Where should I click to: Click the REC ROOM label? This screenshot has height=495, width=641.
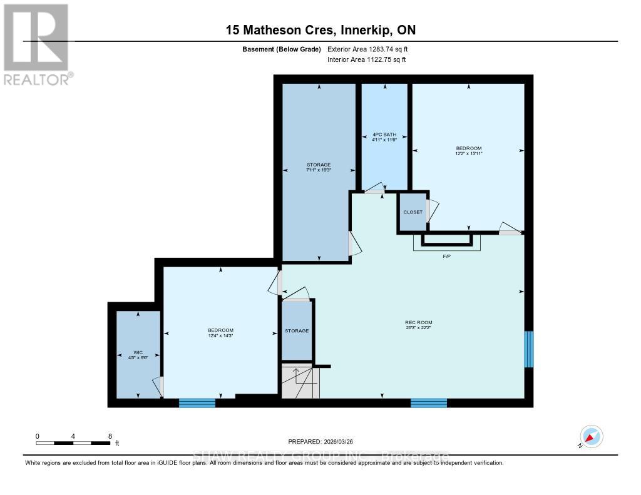(418, 322)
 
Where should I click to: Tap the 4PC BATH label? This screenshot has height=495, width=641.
(385, 135)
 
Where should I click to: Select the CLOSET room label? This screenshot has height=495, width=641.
(413, 212)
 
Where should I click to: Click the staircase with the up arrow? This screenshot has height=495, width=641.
(299, 382)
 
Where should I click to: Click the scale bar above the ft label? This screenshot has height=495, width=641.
(74, 443)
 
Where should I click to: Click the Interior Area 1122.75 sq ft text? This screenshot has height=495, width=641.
(366, 60)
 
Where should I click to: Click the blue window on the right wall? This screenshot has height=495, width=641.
(529, 349)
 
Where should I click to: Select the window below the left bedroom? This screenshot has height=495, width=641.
(197, 403)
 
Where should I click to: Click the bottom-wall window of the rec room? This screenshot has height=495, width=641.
(429, 403)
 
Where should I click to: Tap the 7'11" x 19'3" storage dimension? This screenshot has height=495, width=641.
(319, 170)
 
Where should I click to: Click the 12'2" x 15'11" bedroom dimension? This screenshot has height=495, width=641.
(468, 153)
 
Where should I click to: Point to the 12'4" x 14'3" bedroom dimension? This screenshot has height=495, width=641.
(220, 336)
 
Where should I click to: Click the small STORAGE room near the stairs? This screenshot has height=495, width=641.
(297, 330)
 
